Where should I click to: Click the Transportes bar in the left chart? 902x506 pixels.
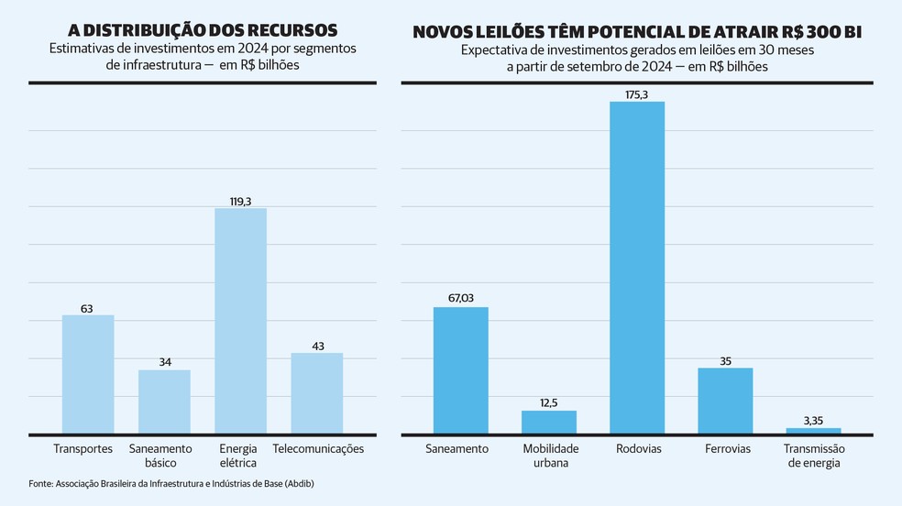[x=88, y=374]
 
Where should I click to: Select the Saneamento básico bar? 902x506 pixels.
[x=164, y=401]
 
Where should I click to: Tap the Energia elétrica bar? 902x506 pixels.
[x=240, y=321]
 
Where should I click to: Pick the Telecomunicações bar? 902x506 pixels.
[x=317, y=393]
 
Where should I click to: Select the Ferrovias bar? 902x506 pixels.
[x=725, y=401]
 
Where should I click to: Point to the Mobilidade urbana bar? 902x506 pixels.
[x=549, y=422]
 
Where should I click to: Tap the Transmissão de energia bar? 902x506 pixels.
[x=813, y=430]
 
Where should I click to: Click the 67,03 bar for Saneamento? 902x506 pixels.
[x=461, y=369]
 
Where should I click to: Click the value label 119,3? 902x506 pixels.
[x=240, y=199]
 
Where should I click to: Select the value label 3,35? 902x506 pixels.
[x=813, y=419]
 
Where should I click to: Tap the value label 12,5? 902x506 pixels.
[x=549, y=401]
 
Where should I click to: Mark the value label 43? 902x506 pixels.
[x=317, y=345]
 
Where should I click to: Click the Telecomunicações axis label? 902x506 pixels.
[x=318, y=449]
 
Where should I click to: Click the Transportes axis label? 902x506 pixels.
[x=83, y=449]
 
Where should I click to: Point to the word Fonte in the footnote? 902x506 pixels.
[x=39, y=483]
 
